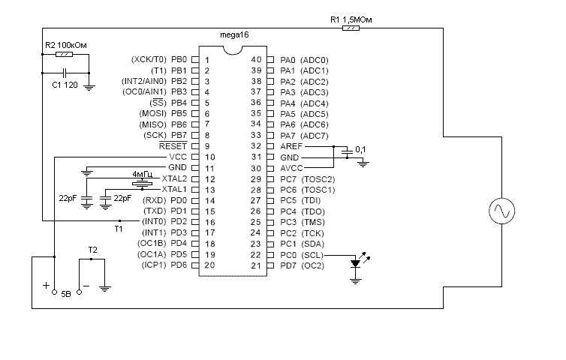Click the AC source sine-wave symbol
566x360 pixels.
pos(500,212)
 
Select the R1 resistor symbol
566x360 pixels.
pos(351,28)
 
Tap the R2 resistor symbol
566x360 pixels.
pos(66,55)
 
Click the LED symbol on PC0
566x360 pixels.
pos(355,263)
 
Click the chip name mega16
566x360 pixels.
pos(235,35)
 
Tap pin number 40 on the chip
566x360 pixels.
pos(255,59)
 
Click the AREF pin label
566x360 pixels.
pos(292,146)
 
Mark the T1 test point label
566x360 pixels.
pos(118,229)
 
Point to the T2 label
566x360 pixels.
pos(92,248)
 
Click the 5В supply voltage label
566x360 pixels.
pos(66,292)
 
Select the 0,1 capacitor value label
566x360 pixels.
pos(361,150)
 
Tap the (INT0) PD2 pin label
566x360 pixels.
pos(164,221)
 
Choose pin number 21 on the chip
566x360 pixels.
pos(255,265)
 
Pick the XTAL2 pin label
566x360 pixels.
pos(174,178)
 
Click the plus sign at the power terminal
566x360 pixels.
pos(47,286)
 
